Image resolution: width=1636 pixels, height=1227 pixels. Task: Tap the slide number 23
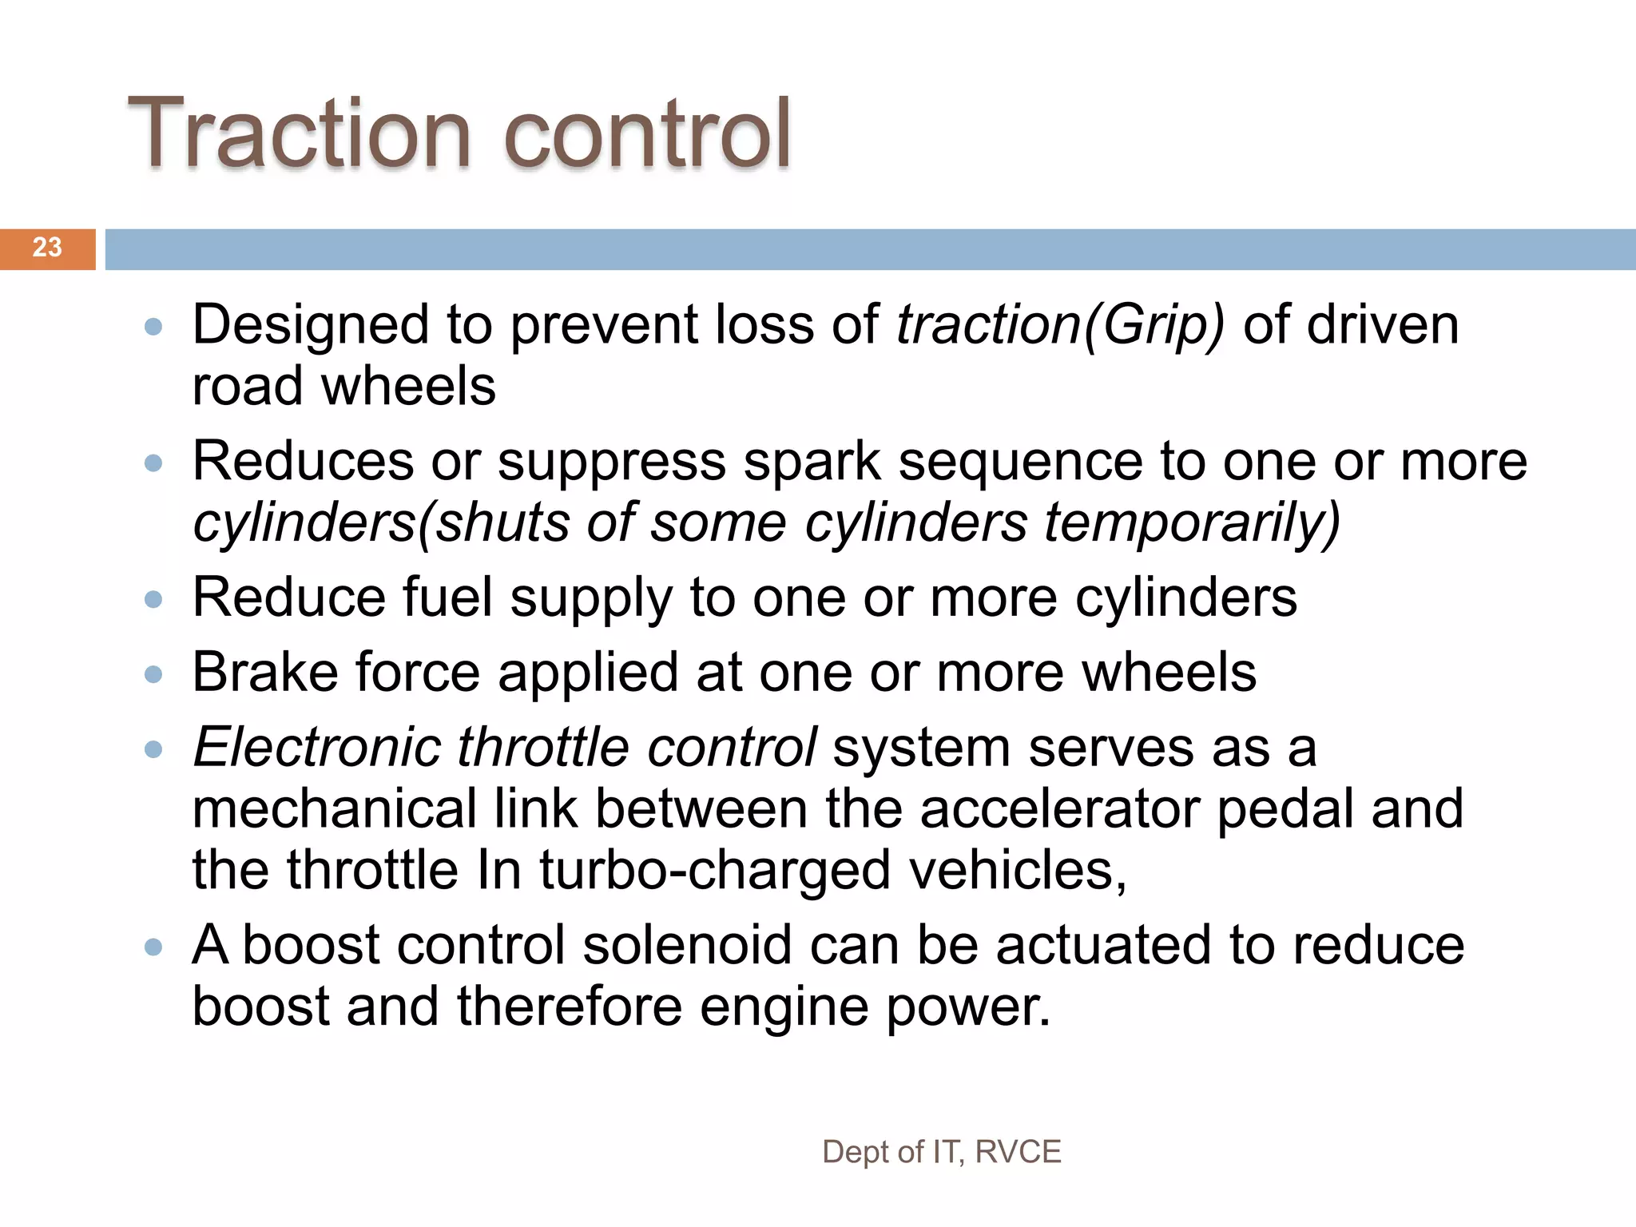47,248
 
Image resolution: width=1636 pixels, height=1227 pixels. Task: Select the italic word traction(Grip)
1060,325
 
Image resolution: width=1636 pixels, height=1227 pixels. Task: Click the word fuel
447,598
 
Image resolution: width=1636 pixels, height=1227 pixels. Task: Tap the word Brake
264,673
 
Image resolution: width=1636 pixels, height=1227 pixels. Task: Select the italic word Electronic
316,748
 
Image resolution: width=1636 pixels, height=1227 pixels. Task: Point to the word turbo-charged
714,871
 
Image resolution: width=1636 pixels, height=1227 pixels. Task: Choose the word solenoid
686,945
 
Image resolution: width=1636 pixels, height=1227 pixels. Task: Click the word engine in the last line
784,1007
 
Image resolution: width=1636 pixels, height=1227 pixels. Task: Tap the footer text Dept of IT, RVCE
941,1152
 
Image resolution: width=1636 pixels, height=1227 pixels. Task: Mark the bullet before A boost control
153,947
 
